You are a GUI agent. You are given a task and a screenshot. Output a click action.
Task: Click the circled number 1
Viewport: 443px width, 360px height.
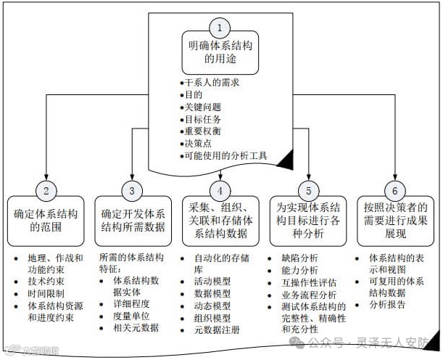click(x=220, y=28)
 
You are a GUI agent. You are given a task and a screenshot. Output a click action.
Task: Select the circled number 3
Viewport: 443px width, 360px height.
click(x=132, y=192)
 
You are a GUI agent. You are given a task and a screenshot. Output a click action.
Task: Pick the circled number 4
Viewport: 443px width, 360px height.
click(x=220, y=192)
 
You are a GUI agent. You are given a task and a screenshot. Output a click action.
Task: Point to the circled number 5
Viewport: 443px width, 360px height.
click(x=308, y=192)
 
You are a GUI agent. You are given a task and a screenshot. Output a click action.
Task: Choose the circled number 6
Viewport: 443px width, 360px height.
click(x=396, y=192)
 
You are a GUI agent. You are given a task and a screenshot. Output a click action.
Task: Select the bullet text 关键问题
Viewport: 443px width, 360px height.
click(x=202, y=107)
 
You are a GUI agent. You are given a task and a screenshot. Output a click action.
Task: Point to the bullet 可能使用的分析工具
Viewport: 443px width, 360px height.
click(x=225, y=155)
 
